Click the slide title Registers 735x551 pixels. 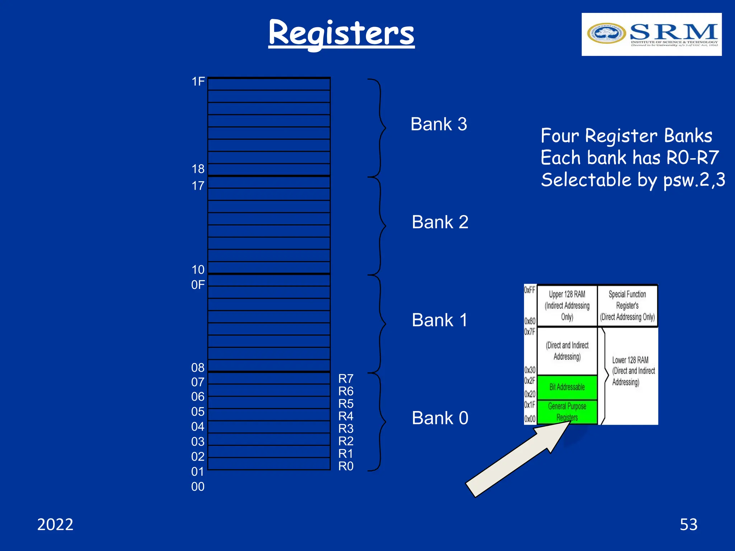341,33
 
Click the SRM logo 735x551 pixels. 651,34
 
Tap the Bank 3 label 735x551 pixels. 439,124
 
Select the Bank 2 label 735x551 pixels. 440,222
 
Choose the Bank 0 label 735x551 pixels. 440,418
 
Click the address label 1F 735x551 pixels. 198,82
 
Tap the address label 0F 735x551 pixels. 198,285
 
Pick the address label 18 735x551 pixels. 198,169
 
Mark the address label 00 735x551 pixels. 198,487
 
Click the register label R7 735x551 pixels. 346,378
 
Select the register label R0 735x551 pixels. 346,466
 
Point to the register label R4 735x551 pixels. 346,416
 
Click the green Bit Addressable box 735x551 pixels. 567,387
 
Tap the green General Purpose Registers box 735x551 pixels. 567,412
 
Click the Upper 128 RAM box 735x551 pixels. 567,306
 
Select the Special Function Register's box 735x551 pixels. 627,306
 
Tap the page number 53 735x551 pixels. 688,524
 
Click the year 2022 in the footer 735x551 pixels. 55,524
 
